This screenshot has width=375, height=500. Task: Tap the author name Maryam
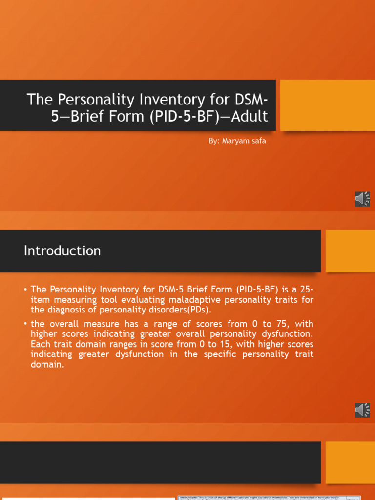point(237,141)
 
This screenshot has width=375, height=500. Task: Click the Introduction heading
point(62,251)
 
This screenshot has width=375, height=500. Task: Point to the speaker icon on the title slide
point(362,199)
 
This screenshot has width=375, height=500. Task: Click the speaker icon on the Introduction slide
point(362,410)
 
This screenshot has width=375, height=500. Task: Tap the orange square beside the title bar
point(328,105)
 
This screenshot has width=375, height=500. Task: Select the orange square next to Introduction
point(350,251)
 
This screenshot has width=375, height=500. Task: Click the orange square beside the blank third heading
point(350,461)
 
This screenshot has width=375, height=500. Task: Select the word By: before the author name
point(214,141)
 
